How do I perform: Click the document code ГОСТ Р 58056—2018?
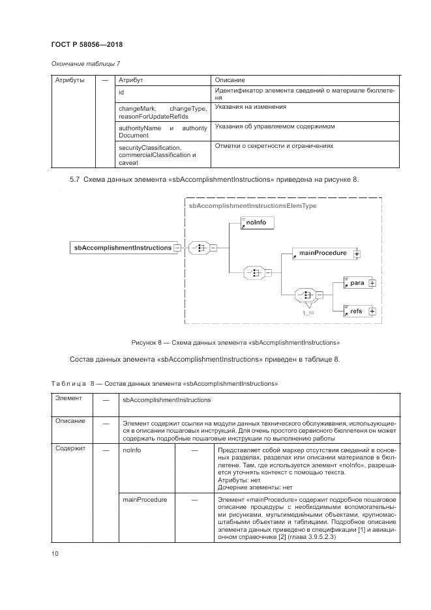(87, 44)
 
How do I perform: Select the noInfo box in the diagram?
(257, 224)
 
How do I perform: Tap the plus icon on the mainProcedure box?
(357, 254)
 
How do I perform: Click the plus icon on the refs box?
(372, 312)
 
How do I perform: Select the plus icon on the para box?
(372, 283)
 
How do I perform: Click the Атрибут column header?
(130, 80)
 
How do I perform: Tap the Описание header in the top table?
(230, 80)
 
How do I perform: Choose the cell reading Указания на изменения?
(250, 106)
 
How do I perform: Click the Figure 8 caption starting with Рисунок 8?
(235, 342)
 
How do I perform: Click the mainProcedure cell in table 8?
(145, 500)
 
